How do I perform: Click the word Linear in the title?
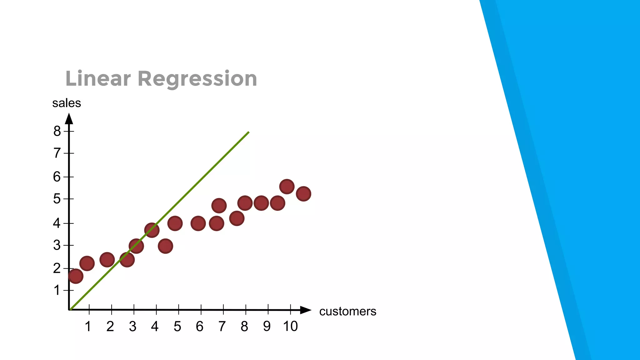tap(97, 79)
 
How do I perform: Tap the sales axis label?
tap(67, 103)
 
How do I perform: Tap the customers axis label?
tap(347, 311)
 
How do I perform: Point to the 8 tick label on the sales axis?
tap(57, 131)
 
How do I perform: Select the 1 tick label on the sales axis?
tap(57, 291)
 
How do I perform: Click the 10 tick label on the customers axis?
tap(290, 327)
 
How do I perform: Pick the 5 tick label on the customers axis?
tap(177, 327)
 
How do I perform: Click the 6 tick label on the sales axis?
tap(57, 177)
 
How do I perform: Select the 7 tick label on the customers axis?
tap(222, 327)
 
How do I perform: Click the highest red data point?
tap(287, 187)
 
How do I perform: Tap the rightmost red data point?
tap(303, 194)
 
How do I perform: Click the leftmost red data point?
tap(76, 276)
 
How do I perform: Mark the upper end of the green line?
tap(248, 132)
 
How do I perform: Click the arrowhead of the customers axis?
tap(306, 310)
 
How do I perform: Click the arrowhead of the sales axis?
tap(69, 119)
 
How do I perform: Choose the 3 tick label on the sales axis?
tap(57, 245)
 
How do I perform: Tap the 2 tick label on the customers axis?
tap(110, 327)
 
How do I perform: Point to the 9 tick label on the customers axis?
tap(267, 327)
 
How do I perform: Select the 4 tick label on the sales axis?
tap(57, 223)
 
